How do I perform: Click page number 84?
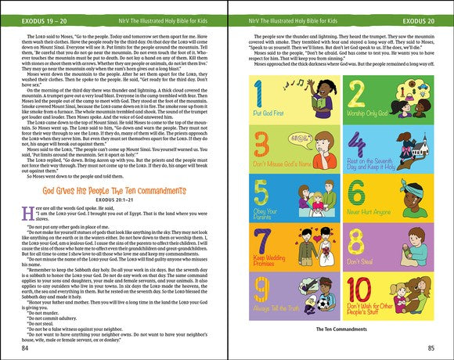coord(26,347)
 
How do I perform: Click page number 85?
coord(428,347)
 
